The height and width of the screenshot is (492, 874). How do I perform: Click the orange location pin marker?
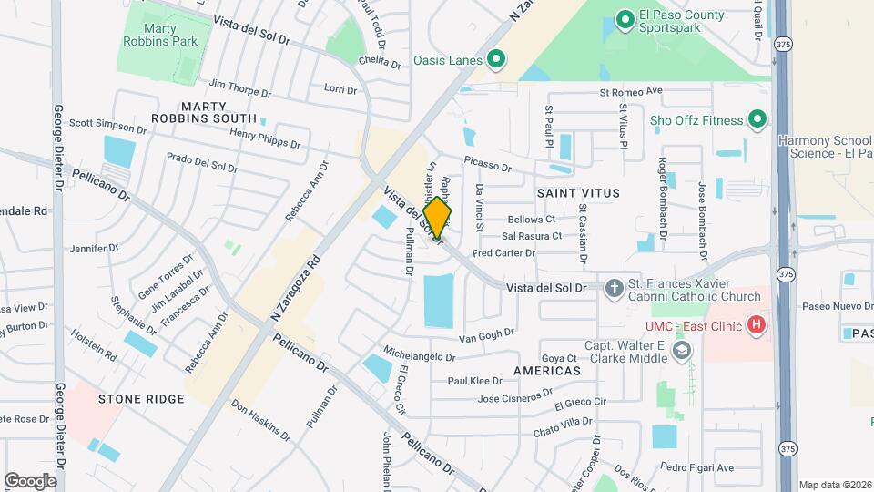click(437, 217)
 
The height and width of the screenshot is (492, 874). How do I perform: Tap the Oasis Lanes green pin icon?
click(496, 61)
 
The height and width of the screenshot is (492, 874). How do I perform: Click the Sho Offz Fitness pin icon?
click(757, 119)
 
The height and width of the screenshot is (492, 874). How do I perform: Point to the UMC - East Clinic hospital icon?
click(755, 324)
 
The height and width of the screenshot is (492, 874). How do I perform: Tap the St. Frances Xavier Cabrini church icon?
click(615, 288)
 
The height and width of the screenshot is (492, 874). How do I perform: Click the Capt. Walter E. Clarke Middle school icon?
click(681, 351)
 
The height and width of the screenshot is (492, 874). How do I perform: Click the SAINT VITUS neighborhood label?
click(578, 193)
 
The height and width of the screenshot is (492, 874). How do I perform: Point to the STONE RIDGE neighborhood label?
click(141, 399)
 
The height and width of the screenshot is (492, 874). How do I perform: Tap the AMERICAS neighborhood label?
click(546, 372)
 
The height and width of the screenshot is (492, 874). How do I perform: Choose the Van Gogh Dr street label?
click(485, 335)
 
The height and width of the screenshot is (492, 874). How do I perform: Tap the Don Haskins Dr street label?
click(260, 421)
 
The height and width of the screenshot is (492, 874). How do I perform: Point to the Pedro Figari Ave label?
click(697, 467)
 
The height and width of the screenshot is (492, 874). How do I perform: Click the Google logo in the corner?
click(30, 480)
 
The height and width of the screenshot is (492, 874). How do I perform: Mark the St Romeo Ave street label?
click(630, 92)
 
